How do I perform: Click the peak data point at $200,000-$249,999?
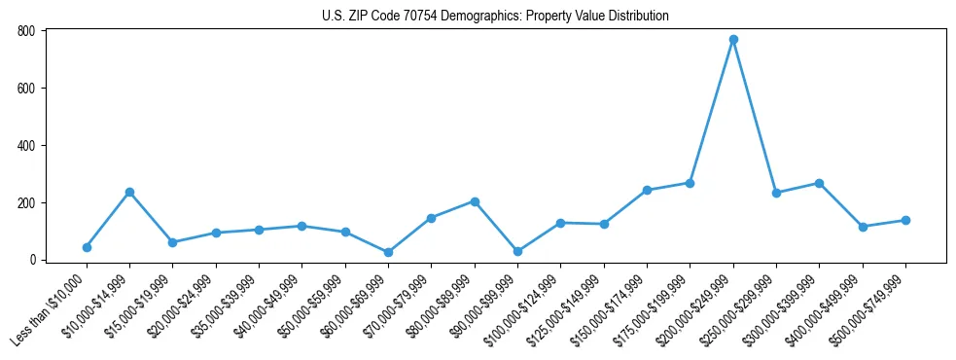point(733,40)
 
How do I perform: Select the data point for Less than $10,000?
point(87,247)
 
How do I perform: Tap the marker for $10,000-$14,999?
point(129,192)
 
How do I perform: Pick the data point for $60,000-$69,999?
point(388,252)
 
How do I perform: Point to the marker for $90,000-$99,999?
point(517,251)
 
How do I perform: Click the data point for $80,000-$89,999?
point(475,201)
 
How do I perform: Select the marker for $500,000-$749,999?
point(905,220)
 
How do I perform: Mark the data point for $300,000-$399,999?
point(819,183)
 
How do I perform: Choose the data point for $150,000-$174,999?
point(647,190)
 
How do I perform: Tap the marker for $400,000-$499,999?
point(863,227)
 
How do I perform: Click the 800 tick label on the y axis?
point(26,31)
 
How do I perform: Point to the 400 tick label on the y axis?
point(26,145)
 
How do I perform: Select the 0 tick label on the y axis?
point(32,260)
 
